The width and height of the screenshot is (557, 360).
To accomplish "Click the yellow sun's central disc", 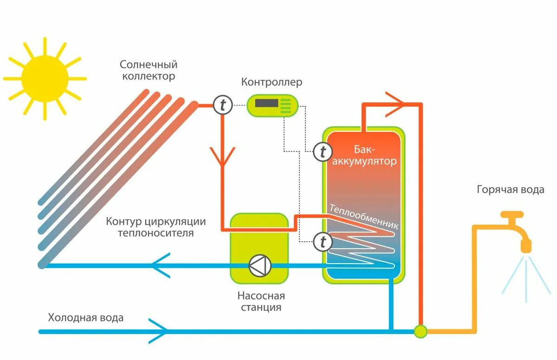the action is [45, 79].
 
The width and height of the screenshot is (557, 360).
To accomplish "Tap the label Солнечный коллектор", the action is [149, 71].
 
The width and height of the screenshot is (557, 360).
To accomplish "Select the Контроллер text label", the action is [272, 82].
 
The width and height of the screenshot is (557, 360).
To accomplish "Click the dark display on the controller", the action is [266, 103].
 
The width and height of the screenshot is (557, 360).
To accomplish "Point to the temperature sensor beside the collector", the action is [223, 105].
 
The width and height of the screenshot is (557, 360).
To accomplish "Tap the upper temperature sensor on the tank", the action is [323, 152].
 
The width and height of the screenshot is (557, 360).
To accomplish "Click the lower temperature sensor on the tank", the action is [323, 242].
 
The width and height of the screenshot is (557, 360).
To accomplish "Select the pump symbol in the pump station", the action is [260, 265].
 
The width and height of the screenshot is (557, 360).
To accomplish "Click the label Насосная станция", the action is [261, 302].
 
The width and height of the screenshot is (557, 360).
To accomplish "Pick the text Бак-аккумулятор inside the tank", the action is [364, 155].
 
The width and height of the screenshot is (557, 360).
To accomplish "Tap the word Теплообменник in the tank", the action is [364, 216].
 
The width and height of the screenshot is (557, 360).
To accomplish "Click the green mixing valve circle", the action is [421, 331].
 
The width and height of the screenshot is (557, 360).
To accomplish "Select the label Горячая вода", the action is [511, 190].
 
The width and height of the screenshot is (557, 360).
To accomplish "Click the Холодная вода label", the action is [86, 317].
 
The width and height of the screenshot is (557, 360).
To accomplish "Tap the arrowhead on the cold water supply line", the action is [158, 331].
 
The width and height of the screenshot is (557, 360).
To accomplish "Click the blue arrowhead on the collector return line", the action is [161, 265].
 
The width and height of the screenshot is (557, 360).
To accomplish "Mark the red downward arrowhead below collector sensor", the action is [222, 156].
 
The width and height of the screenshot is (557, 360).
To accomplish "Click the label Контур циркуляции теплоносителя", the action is [156, 227].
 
